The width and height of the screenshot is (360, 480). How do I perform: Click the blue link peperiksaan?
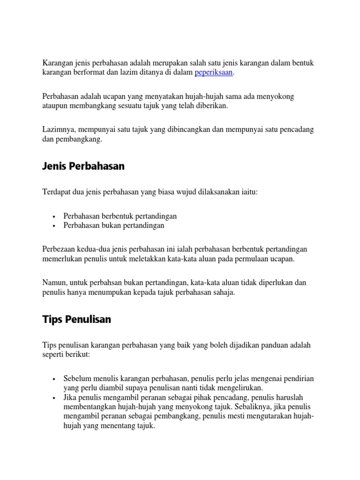(x=214, y=73)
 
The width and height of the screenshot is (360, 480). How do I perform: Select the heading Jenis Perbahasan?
(x=83, y=166)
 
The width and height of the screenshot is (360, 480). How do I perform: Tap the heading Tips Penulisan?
(x=77, y=319)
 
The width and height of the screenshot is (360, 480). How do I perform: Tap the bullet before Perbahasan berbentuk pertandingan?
(x=55, y=217)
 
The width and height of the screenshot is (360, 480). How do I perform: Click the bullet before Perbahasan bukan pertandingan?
(x=55, y=226)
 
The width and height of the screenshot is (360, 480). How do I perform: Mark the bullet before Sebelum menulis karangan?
(x=55, y=379)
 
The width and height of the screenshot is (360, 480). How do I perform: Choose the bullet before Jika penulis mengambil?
(x=55, y=397)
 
